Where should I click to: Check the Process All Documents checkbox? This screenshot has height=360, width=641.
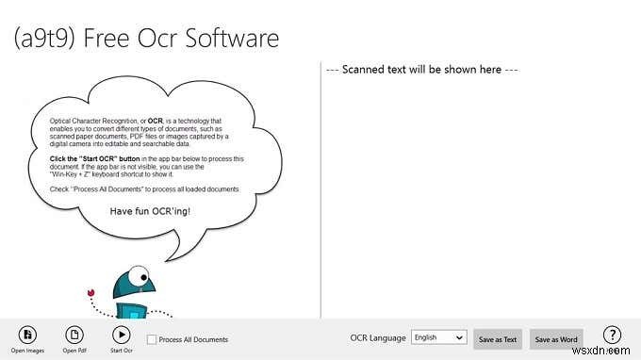152,339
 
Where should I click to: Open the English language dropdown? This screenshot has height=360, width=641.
438,337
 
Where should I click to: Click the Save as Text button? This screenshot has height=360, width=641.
497,338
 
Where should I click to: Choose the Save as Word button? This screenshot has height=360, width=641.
555,338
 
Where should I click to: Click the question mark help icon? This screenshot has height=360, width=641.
612,335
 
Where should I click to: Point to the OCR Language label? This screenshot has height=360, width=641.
378,337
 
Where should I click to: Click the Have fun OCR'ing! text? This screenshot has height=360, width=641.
149,211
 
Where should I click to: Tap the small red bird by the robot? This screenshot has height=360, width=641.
91,292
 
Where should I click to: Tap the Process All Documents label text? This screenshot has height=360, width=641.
193,339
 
